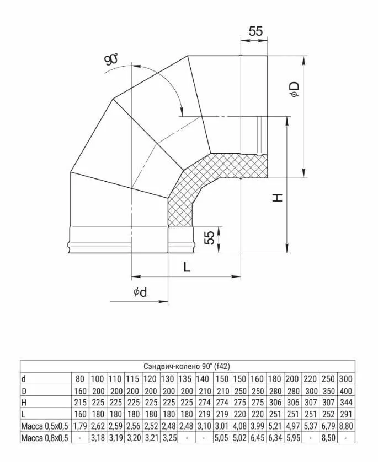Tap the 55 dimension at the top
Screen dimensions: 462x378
(x=255, y=31)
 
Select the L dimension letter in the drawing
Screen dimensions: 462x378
(x=187, y=267)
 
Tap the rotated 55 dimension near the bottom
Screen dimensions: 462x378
(x=209, y=238)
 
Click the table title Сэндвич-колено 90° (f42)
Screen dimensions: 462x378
(x=188, y=366)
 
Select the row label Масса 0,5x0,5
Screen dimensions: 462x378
(x=45, y=426)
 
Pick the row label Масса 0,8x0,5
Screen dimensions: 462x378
(x=45, y=438)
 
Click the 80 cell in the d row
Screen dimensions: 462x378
(x=81, y=378)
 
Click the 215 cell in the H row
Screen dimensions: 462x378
(x=81, y=402)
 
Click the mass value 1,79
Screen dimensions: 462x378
(x=81, y=426)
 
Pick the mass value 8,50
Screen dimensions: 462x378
(x=328, y=438)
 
